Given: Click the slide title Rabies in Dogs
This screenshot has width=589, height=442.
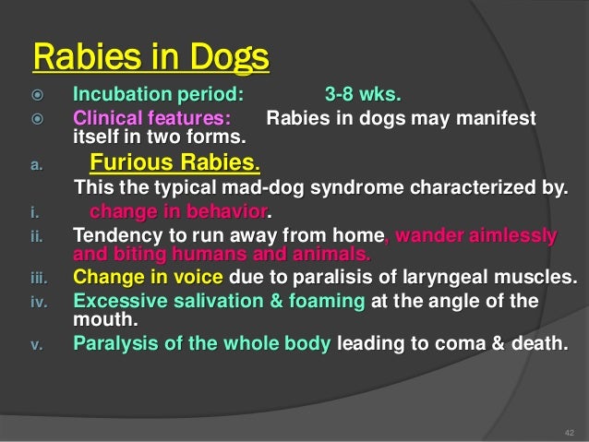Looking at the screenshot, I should (x=150, y=57).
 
